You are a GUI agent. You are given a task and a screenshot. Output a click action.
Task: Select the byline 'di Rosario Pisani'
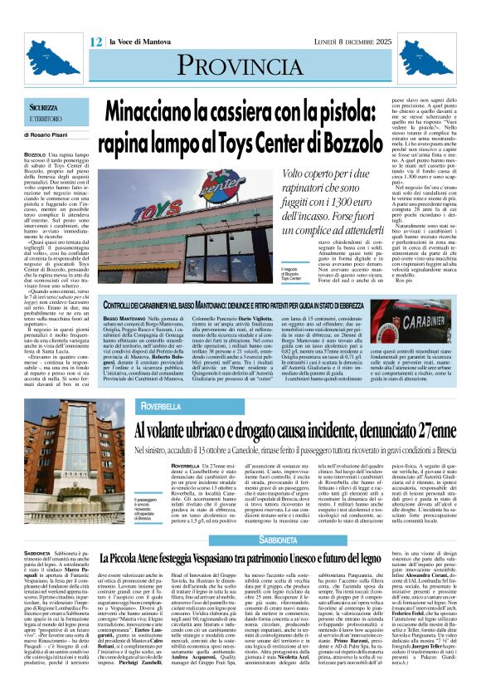(51, 134)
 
